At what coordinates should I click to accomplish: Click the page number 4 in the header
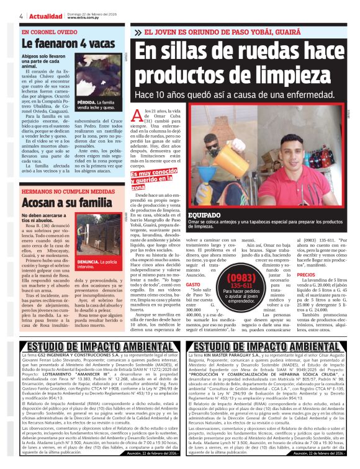4,16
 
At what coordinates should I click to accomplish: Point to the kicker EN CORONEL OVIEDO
45,32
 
